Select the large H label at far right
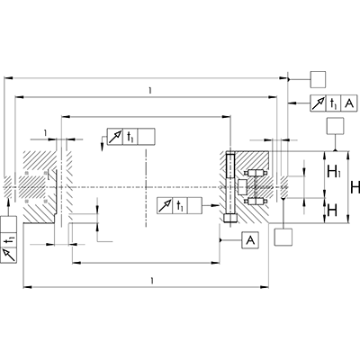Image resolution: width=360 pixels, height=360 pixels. pos(355,188)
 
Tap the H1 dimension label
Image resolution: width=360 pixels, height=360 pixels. pos(333,171)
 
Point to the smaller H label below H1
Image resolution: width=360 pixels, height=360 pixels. pos(333,210)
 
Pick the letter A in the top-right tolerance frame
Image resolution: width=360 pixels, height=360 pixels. pos(348,103)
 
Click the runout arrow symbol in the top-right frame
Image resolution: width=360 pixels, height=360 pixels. pos(318,103)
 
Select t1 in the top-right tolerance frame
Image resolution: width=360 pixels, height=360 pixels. pos(333,103)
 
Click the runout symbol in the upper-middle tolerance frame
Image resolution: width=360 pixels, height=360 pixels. pos(114,137)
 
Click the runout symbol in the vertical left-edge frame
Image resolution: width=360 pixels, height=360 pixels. pos(9,256)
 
